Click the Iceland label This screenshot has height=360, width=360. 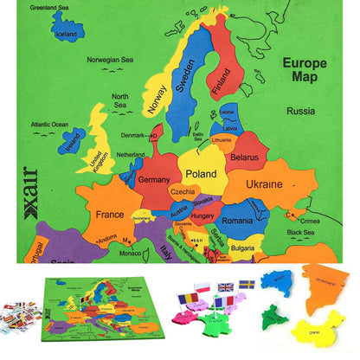pyautogui.click(x=65, y=35)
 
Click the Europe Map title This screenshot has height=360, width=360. pyautogui.click(x=310, y=70)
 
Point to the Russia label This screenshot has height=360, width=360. pyautogui.click(x=300, y=111)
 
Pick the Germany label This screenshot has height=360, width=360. pyautogui.click(x=154, y=179)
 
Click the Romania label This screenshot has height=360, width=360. pyautogui.click(x=236, y=221)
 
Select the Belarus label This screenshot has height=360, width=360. pyautogui.click(x=246, y=157)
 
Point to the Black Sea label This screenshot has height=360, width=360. pyautogui.click(x=300, y=232)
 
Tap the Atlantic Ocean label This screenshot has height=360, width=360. pyautogui.click(x=49, y=124)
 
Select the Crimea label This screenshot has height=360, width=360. pyautogui.click(x=310, y=221)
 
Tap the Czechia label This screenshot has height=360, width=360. pyautogui.click(x=183, y=191)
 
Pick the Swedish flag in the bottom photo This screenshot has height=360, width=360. pyautogui.click(x=246, y=285)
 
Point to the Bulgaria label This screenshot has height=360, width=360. pyautogui.click(x=242, y=248)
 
